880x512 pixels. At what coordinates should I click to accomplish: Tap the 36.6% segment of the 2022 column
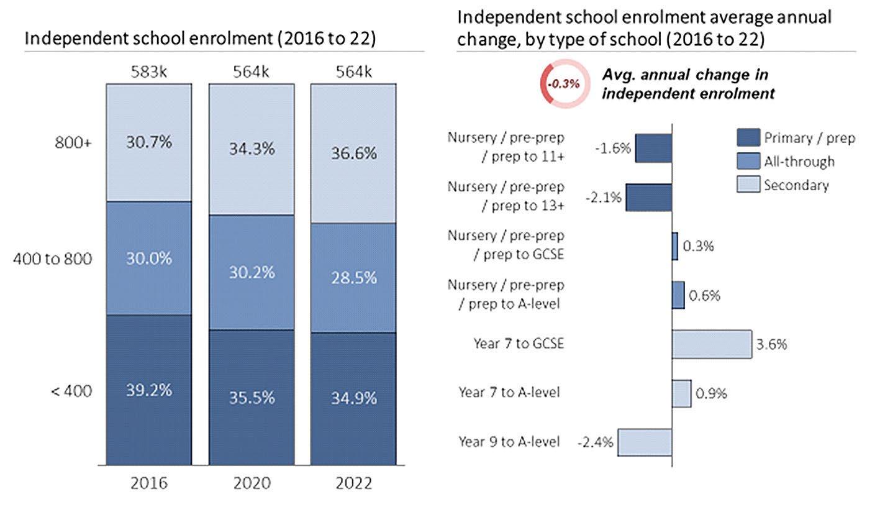point(353,153)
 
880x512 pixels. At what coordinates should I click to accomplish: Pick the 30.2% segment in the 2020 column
point(251,272)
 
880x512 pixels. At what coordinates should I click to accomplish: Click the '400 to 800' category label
point(53,258)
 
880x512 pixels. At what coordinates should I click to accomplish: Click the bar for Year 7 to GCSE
point(712,344)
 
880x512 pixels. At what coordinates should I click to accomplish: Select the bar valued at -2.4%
point(645,442)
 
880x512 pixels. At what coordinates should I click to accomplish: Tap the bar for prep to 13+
point(648,198)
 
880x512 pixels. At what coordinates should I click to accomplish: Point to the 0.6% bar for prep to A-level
point(678,295)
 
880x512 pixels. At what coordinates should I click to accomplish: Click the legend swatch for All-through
point(748,162)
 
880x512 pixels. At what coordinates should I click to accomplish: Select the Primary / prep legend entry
point(795,137)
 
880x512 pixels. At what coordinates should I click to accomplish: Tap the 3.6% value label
point(772,344)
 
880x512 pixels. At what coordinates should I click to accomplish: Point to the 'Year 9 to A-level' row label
point(509,442)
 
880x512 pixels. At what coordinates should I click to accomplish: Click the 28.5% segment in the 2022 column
point(353,278)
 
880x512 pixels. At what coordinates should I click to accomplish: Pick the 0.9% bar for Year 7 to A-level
point(681,393)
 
